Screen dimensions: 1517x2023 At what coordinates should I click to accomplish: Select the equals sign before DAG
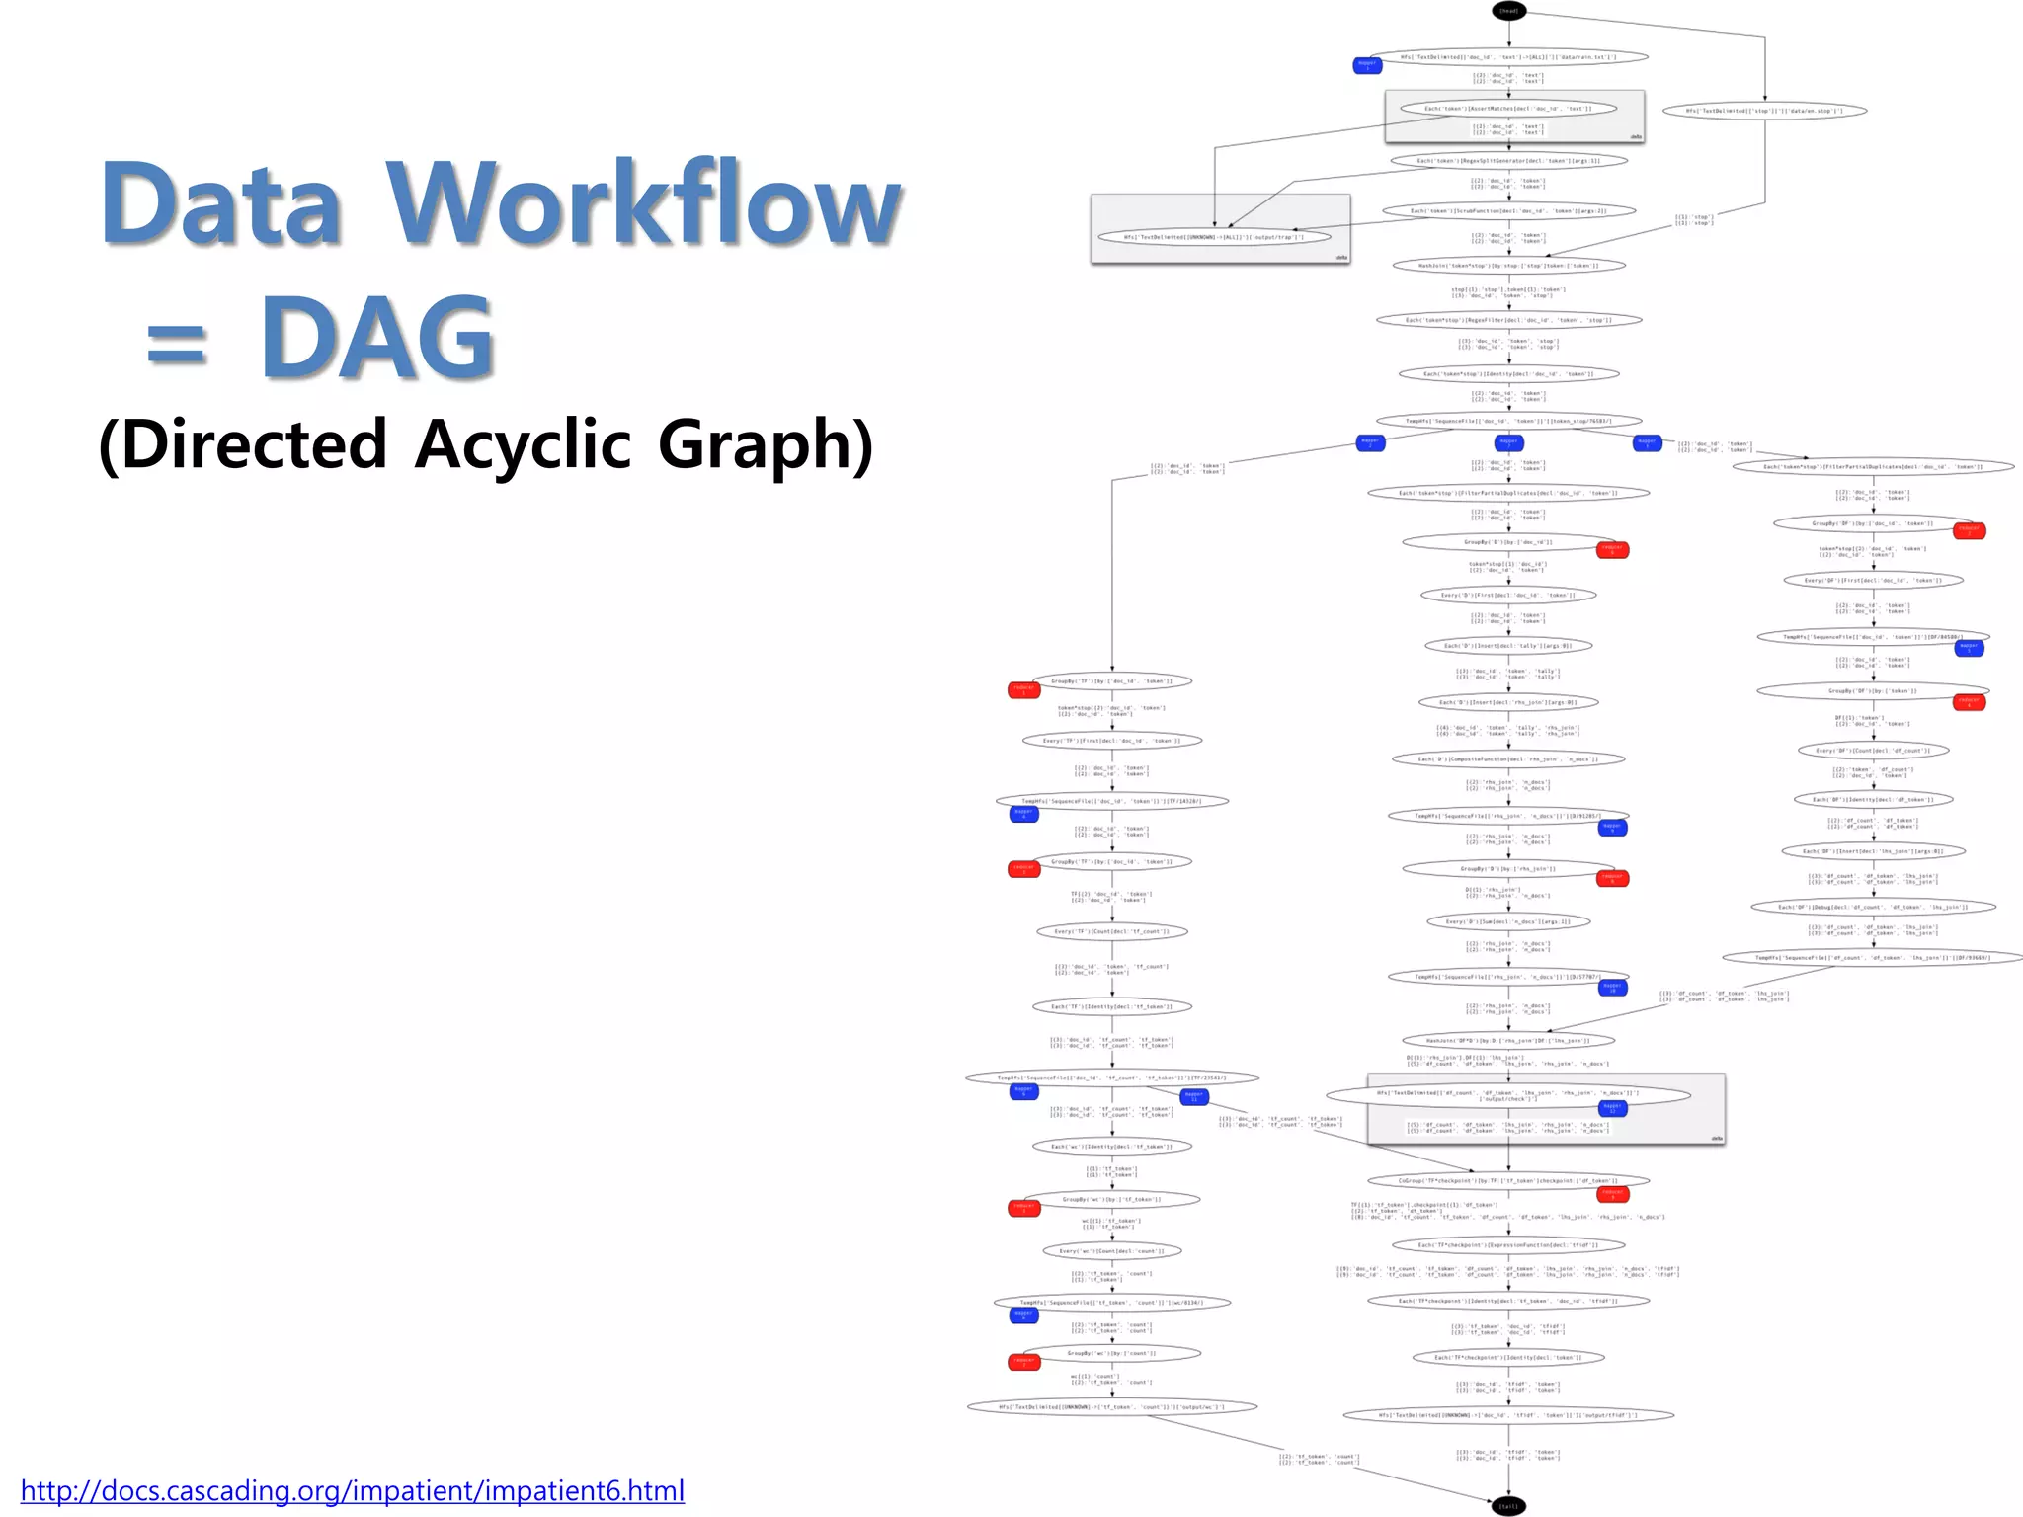click(177, 347)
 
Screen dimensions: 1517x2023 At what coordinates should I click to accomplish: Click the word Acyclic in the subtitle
click(523, 445)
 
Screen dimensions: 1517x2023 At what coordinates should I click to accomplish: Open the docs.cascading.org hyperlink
click(352, 1490)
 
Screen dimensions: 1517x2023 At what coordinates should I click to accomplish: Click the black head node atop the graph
click(1508, 11)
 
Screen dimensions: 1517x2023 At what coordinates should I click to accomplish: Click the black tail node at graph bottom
click(1508, 1506)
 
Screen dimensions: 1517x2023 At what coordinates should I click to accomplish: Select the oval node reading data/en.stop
click(1764, 111)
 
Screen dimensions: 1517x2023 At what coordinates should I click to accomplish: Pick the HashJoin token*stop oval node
click(1508, 266)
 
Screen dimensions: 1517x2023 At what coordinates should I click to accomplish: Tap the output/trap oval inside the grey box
click(1214, 237)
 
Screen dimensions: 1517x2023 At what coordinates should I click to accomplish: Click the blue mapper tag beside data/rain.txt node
click(1367, 65)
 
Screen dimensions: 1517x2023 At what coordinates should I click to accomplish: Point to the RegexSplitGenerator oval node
click(1508, 160)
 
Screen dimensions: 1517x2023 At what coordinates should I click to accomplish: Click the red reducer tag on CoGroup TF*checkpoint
click(1612, 1194)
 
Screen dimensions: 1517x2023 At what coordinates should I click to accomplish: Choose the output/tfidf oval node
click(1508, 1415)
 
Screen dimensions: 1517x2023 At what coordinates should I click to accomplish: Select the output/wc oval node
click(1112, 1406)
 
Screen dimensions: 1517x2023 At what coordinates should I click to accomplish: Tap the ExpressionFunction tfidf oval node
click(1508, 1245)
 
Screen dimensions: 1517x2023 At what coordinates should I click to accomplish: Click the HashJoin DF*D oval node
click(1508, 1040)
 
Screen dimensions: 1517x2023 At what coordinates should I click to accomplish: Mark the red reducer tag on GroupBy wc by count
click(1024, 1362)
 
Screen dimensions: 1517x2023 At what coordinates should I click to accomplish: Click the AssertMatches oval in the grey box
click(1508, 109)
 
